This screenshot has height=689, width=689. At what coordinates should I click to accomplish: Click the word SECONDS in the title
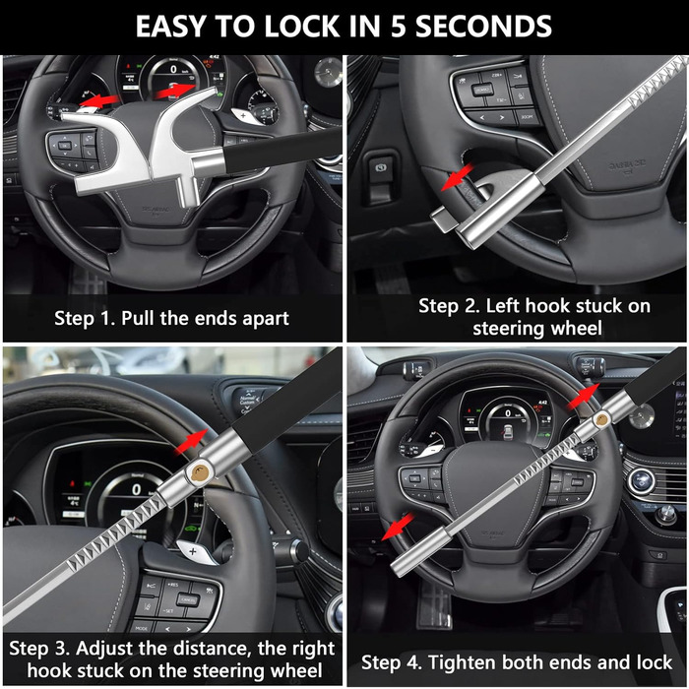click(x=483, y=27)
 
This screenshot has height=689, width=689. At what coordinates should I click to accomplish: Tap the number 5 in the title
click(x=398, y=27)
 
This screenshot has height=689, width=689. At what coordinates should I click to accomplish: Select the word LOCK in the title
click(x=301, y=27)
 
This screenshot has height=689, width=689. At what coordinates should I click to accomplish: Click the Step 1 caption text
click(x=171, y=318)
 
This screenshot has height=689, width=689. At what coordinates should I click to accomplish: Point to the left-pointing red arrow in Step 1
click(x=97, y=100)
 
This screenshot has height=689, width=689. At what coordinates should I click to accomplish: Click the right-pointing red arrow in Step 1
click(x=174, y=91)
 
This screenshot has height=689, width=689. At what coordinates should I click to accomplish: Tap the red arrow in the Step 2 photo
click(x=457, y=177)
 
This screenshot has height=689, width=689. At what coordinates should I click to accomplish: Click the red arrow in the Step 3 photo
click(x=191, y=442)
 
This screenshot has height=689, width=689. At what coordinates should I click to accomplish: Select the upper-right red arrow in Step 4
click(x=583, y=396)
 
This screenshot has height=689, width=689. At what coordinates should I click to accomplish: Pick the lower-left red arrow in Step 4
click(x=397, y=526)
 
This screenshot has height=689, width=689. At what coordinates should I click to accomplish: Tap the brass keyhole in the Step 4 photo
click(x=600, y=419)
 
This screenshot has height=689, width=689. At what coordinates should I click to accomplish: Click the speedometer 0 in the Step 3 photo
click(x=137, y=489)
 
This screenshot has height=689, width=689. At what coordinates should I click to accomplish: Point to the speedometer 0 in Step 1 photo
click(x=173, y=69)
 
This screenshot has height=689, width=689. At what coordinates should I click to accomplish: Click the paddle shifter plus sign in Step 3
click(x=193, y=550)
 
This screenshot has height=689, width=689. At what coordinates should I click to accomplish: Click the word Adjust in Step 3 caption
click(x=103, y=649)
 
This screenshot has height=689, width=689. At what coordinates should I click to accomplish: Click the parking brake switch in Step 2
click(x=381, y=171)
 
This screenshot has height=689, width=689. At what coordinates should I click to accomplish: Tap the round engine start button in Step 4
click(x=641, y=480)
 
